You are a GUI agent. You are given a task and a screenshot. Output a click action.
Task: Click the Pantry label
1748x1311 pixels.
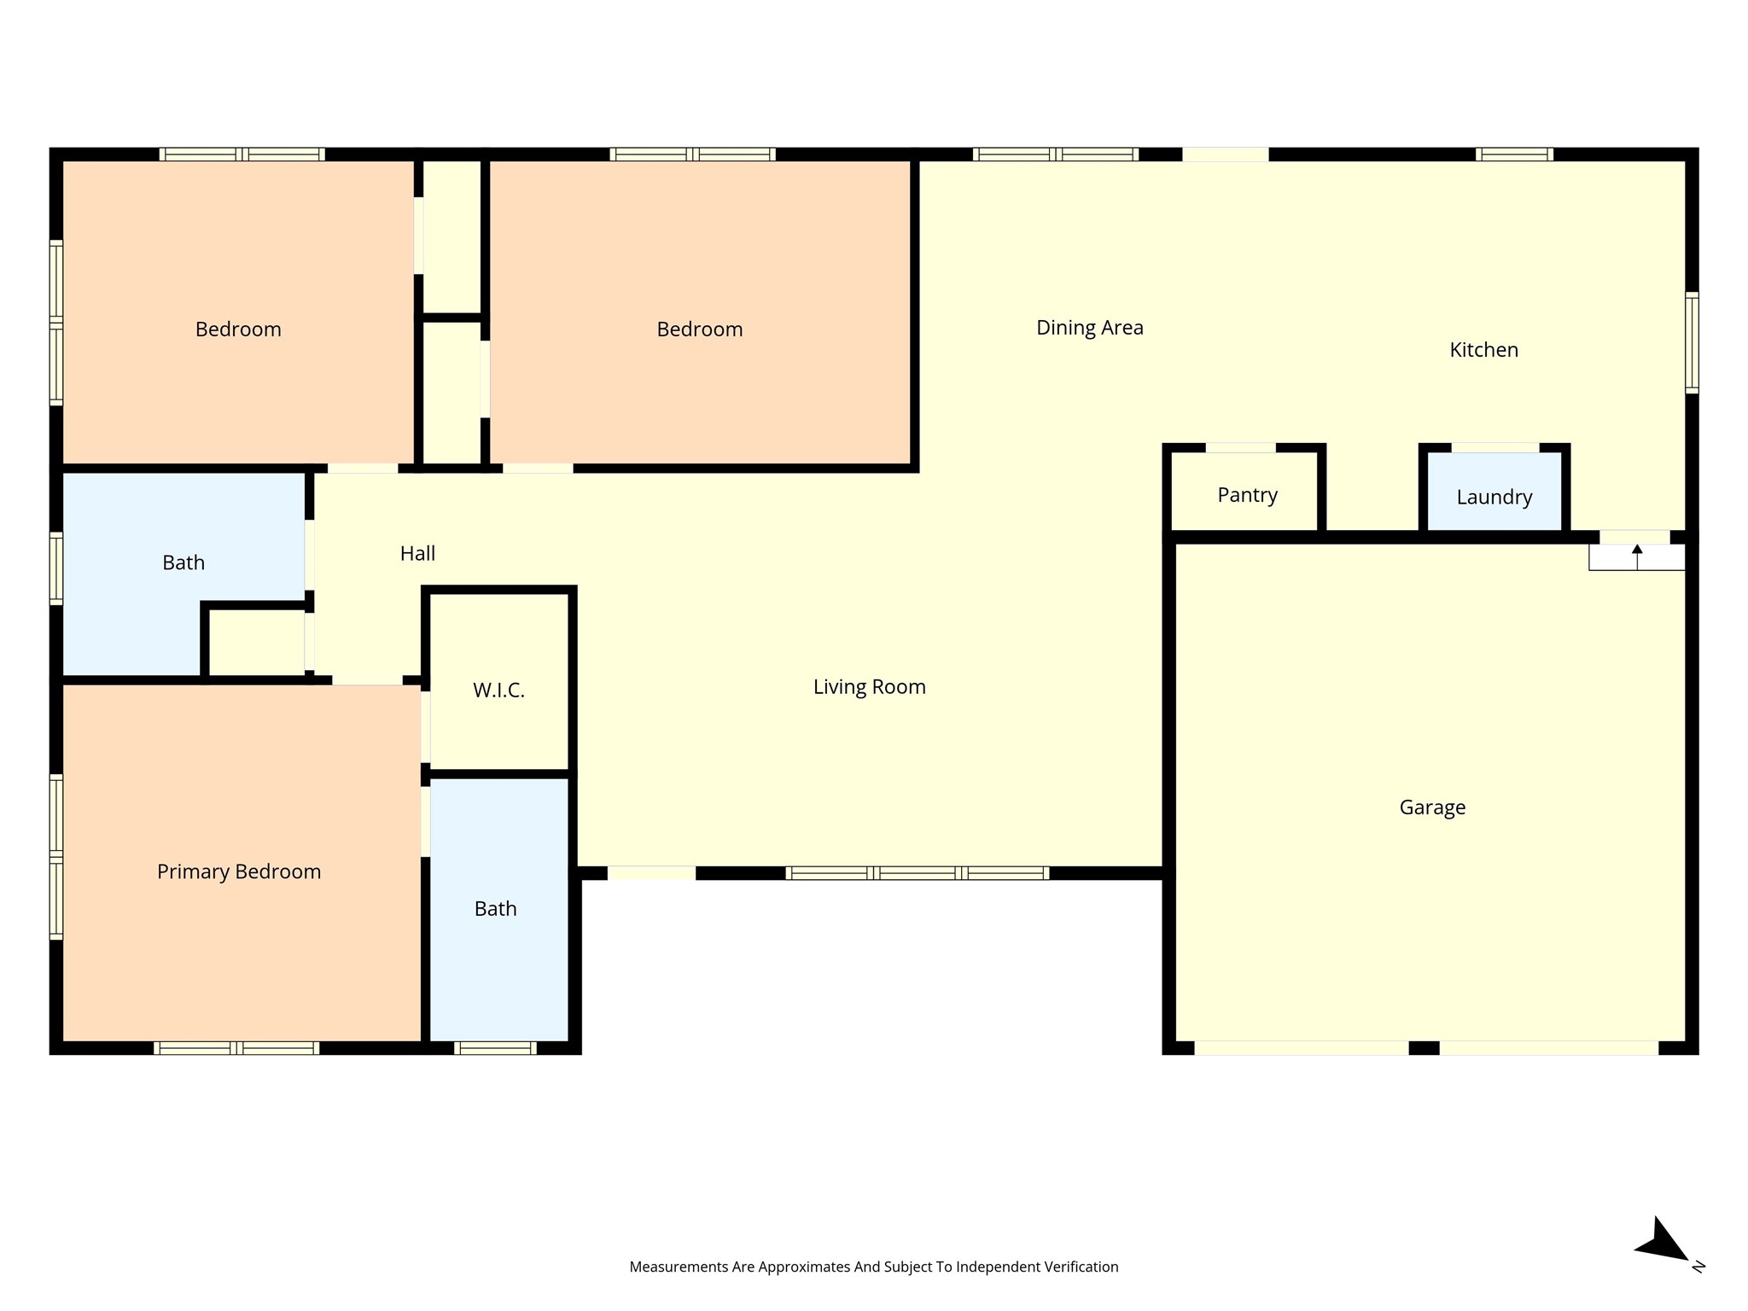[1247, 495]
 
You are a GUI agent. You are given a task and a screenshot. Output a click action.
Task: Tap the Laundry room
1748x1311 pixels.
[1494, 497]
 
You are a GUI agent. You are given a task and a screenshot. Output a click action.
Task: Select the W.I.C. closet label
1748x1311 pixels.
[498, 690]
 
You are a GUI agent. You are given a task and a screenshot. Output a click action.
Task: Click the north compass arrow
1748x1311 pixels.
[1664, 1242]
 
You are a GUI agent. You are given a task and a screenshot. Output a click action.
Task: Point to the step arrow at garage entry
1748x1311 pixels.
[1637, 556]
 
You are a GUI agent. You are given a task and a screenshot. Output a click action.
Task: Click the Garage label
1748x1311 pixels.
[1432, 807]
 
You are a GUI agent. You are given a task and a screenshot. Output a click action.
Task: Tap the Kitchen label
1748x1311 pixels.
[1483, 350]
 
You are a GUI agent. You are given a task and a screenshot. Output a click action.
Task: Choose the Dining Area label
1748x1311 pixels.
[1089, 328]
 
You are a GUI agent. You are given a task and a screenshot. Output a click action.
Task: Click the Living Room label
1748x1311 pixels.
[869, 687]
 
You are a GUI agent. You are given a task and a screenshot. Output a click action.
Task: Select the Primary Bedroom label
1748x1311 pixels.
[239, 871]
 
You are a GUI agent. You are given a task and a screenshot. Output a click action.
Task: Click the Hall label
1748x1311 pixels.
[417, 554]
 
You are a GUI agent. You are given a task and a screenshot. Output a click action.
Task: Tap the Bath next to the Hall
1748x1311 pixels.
[184, 562]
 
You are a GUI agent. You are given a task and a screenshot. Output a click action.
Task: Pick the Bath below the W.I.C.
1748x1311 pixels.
[495, 909]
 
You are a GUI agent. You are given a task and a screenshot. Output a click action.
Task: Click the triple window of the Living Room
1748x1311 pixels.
[917, 873]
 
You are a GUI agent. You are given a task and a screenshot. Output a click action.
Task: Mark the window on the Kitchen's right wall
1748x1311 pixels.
[1691, 342]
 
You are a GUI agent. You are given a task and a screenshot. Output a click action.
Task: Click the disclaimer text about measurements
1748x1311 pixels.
[873, 1267]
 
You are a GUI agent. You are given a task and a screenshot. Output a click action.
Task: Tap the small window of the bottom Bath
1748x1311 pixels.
[495, 1048]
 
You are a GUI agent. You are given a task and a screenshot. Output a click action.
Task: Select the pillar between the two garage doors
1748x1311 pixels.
[1424, 1048]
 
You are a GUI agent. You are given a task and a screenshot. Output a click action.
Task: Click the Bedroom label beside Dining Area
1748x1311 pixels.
[699, 329]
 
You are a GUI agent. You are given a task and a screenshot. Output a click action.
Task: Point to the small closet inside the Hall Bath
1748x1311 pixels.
[257, 642]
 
